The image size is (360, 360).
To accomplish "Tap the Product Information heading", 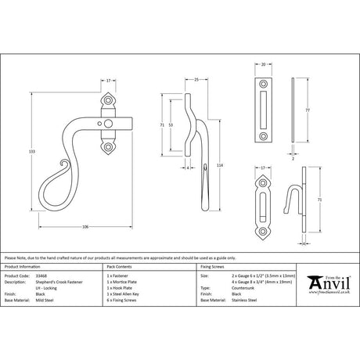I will pos(25,269).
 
